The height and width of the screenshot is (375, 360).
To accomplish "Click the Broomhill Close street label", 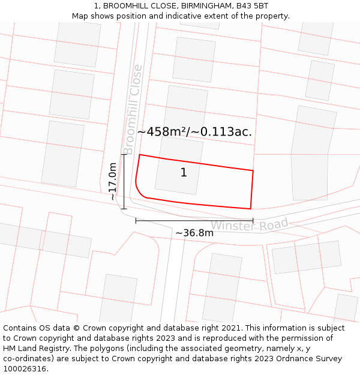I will click(x=133, y=109).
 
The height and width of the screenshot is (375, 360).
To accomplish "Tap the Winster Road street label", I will click(x=249, y=225).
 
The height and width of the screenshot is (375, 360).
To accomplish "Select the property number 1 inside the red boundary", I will click(x=184, y=173).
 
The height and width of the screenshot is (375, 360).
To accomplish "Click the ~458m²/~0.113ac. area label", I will click(x=194, y=131).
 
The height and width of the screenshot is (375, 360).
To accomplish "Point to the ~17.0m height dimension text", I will click(x=112, y=181).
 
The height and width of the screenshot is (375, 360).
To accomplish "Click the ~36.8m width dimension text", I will click(x=194, y=233).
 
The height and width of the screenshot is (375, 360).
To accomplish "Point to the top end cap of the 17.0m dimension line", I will click(x=124, y=155).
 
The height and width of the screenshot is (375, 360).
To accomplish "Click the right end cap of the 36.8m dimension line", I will click(x=253, y=221).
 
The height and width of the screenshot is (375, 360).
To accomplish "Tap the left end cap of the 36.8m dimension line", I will click(x=136, y=221).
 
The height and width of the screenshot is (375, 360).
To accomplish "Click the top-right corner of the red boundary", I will click(x=253, y=171).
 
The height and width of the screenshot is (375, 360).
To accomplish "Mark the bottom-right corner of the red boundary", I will click(x=250, y=209).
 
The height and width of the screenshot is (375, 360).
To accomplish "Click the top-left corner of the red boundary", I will click(x=140, y=155).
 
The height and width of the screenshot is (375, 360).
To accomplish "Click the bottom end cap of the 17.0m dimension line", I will click(x=124, y=209).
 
